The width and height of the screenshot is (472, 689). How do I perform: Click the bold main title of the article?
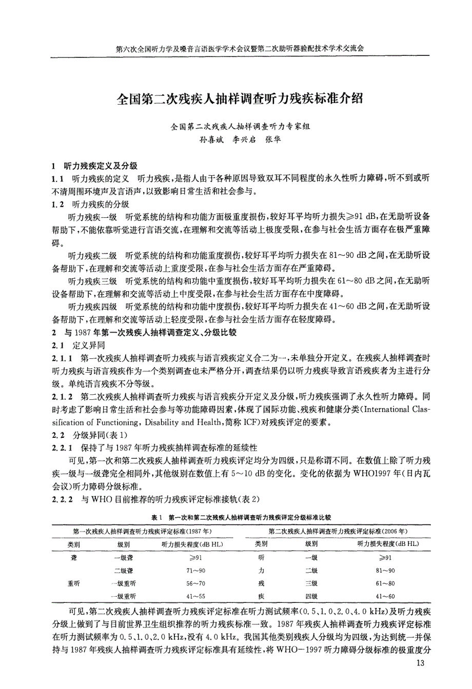pos(240,98)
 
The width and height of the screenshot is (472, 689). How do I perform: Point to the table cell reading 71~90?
pos(195,571)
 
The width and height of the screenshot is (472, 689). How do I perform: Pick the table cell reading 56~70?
pos(195,583)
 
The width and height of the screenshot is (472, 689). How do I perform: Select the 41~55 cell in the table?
pos(195,596)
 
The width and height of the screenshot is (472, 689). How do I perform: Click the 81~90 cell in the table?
pos(385,571)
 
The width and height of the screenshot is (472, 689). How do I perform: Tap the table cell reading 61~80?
pos(385,583)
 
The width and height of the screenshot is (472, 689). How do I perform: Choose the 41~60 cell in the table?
pos(385,596)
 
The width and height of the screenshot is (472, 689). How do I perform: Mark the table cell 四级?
pos(311,596)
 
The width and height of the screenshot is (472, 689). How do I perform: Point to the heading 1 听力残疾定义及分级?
pos(95,166)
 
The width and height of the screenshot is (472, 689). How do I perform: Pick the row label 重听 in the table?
pos(74,583)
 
